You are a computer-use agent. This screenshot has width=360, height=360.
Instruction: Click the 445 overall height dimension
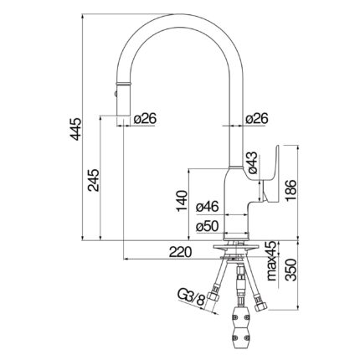click(75, 129)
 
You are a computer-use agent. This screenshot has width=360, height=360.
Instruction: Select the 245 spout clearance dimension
click(93, 180)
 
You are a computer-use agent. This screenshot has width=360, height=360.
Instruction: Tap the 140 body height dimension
click(182, 201)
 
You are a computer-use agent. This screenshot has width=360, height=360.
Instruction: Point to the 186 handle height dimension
click(291, 190)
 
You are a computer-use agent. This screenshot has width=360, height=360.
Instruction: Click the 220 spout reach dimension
click(181, 252)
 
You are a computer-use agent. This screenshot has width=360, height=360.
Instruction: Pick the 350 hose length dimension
click(291, 270)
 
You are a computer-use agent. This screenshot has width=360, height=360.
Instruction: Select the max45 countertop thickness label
click(272, 261)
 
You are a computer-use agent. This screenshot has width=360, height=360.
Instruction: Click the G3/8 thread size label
click(192, 298)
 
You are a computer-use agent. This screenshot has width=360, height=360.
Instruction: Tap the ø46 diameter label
click(207, 208)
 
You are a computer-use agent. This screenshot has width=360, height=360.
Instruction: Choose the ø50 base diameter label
click(207, 226)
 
